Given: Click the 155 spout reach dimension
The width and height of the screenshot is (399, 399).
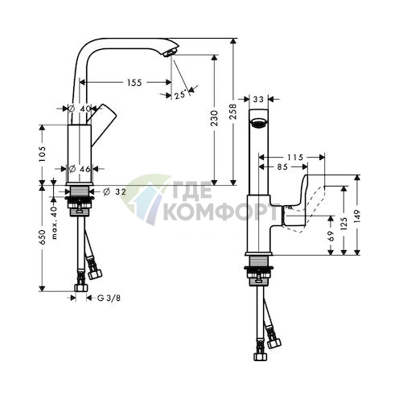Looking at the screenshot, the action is click(134, 83).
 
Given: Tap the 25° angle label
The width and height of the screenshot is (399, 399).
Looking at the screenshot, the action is click(180, 95).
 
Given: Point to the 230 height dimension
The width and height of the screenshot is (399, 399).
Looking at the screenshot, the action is click(214, 118).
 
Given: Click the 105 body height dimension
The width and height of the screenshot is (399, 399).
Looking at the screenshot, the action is click(42, 154).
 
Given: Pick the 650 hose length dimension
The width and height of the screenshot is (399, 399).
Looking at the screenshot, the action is click(42, 237).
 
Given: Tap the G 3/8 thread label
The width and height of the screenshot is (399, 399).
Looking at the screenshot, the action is click(109, 298).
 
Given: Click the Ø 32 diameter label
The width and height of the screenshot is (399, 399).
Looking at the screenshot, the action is click(114, 191).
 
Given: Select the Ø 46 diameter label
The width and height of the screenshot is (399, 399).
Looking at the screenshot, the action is click(79, 169).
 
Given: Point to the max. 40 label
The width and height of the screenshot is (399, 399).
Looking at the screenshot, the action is click(54, 223).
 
